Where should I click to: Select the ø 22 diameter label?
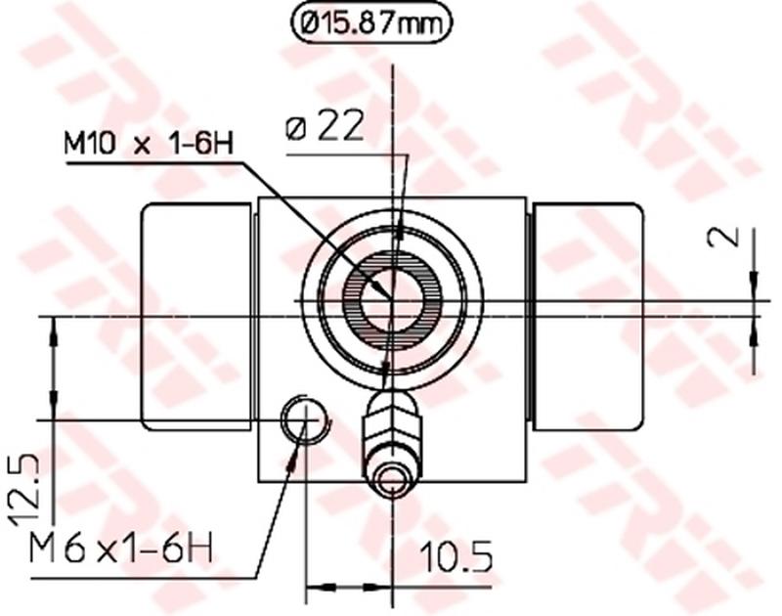click(326, 127)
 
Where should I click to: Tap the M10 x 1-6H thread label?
click(149, 145)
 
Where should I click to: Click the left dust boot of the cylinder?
click(195, 315)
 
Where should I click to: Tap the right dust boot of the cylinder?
click(587, 315)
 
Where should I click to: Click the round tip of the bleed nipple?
click(393, 481)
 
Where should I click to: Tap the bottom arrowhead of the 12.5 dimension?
click(52, 411)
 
